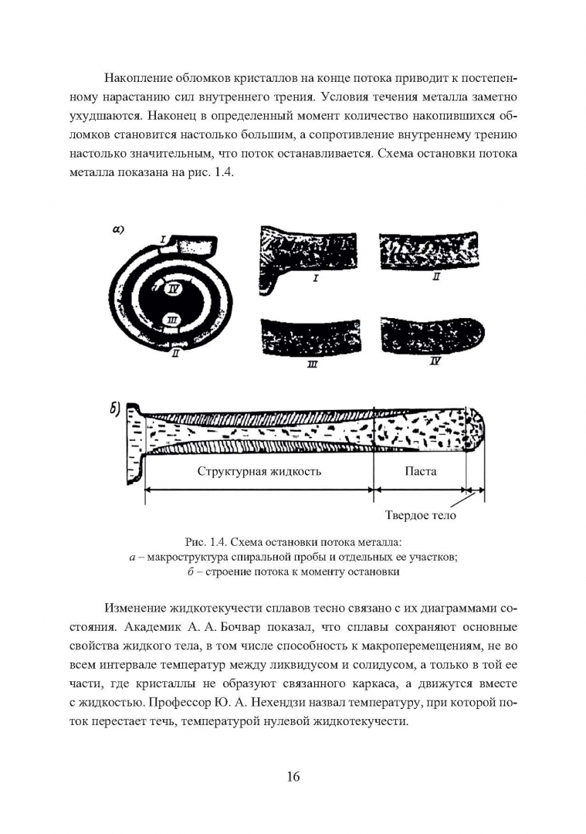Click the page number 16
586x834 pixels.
pyautogui.click(x=293, y=776)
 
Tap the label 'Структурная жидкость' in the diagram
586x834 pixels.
pyautogui.click(x=259, y=470)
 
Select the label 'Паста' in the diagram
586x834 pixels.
pyautogui.click(x=420, y=470)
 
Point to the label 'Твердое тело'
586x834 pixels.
pyautogui.click(x=421, y=516)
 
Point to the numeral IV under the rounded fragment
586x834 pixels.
pyautogui.click(x=435, y=361)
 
